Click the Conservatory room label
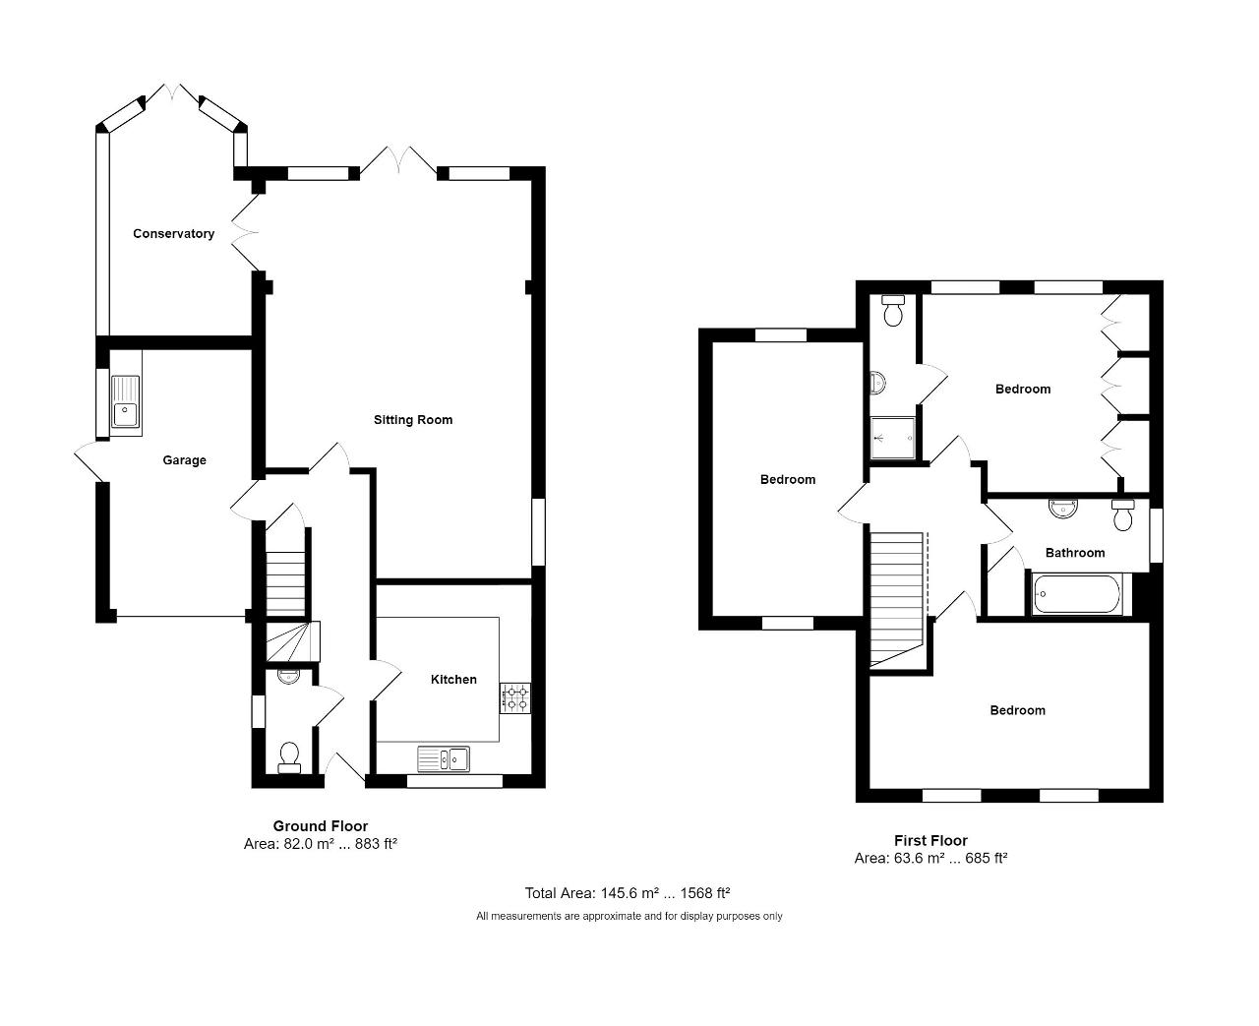coord(173,233)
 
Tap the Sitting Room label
coord(413,420)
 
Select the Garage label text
coord(184,459)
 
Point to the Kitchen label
coord(453,680)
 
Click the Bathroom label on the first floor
coord(1075,553)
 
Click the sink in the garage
coord(125,402)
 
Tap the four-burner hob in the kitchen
coord(514,698)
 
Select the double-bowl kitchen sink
coord(444,759)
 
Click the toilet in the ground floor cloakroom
coord(289,757)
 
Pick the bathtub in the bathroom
coord(1076,594)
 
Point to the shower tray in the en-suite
coord(893,438)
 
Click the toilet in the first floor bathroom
coord(1122,514)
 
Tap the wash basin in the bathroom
coord(1062,509)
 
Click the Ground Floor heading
coord(321,825)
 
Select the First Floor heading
coord(930,840)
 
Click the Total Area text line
coord(628,893)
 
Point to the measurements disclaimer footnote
coord(629,916)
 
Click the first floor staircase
coord(897,599)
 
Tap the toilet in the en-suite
coord(893,311)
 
